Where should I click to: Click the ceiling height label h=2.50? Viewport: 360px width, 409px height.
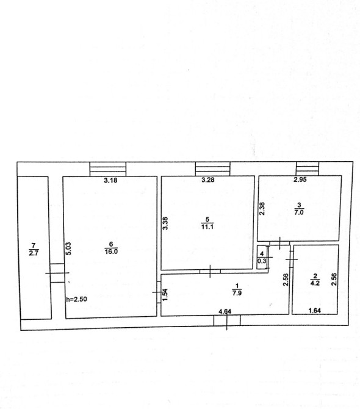click(76, 299)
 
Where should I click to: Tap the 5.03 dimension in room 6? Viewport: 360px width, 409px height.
click(68, 248)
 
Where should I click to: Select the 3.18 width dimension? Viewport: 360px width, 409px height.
click(110, 180)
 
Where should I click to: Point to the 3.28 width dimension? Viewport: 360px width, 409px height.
click(208, 179)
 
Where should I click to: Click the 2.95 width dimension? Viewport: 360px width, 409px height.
click(300, 179)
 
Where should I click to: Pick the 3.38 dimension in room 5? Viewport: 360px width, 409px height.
click(165, 223)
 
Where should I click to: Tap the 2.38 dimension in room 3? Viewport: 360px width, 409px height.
click(262, 209)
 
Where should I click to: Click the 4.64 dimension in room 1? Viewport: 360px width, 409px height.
click(225, 311)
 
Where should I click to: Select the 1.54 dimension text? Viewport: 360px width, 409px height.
click(165, 295)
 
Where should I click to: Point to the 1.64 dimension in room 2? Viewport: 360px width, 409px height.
click(315, 310)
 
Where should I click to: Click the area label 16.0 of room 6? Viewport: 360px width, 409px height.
click(111, 252)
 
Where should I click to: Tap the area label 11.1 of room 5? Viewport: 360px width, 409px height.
click(207, 226)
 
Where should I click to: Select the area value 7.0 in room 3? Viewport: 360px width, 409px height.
click(299, 212)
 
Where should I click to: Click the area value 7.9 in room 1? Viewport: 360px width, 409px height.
click(237, 292)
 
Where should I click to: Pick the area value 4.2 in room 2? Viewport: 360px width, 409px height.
click(315, 283)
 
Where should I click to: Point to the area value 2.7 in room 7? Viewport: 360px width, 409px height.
click(34, 253)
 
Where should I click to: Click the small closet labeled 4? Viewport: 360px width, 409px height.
click(262, 257)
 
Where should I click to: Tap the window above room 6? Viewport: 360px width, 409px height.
click(108, 169)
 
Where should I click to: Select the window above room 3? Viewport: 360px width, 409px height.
click(308, 168)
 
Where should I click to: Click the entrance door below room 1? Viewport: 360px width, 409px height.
click(227, 320)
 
